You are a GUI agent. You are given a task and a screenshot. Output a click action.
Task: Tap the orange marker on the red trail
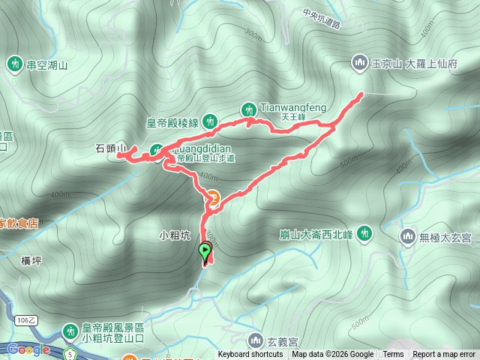pos(213,199)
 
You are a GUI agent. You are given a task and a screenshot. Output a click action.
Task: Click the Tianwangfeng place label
pos(292,107)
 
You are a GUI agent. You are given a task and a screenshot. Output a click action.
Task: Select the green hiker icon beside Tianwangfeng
pos(248,108)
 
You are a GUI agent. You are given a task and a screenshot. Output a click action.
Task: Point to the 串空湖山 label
pos(47,65)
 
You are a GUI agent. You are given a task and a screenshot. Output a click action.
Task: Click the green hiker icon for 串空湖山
pos(14,64)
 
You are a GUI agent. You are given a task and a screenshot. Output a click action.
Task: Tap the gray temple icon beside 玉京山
pos(358,63)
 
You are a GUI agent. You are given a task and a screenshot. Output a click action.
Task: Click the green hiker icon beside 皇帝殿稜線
pos(211,120)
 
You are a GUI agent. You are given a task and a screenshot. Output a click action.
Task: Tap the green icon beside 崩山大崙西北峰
pos(365,233)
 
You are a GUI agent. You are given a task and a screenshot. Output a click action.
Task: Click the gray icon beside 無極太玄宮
pos(408,237)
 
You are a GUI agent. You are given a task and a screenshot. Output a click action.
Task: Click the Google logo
pos(28,349)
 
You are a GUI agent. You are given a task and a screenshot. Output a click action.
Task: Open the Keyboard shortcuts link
pos(250,355)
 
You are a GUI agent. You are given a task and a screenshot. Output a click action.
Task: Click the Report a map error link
pos(444,355)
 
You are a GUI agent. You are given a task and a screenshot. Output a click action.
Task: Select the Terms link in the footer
pos(393,355)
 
